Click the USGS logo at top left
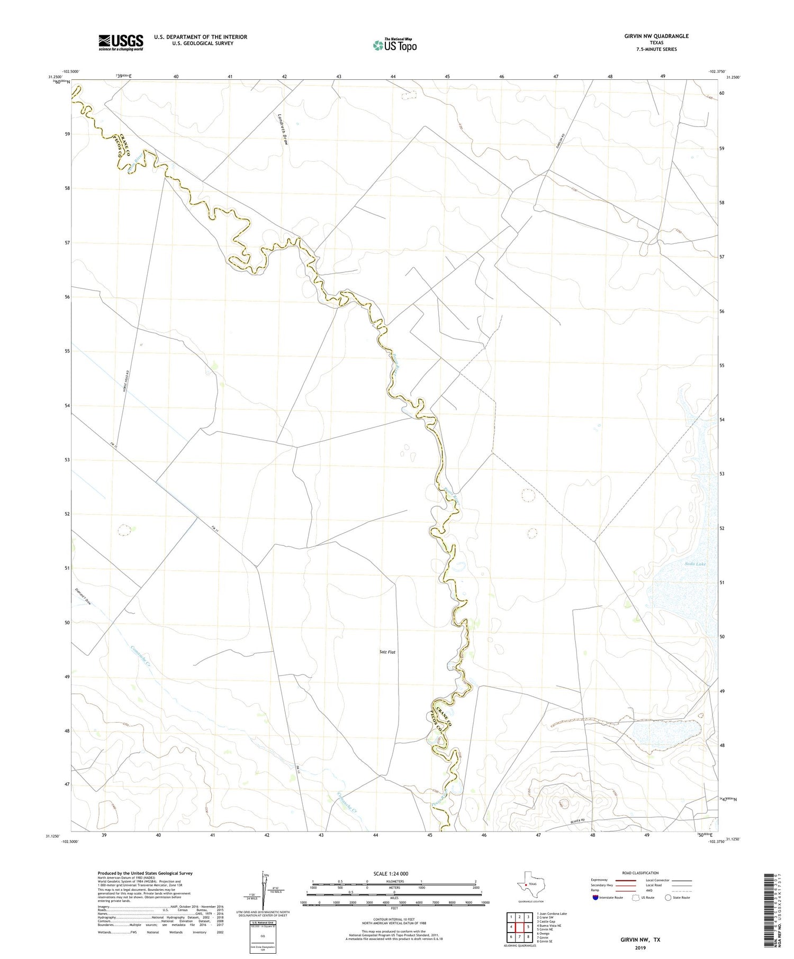121,42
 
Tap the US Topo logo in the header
394,45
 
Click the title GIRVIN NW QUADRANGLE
656,36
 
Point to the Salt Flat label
387,652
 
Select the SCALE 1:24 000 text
394,873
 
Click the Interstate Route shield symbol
595,898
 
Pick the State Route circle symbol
668,898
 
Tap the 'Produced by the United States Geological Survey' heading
145,873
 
